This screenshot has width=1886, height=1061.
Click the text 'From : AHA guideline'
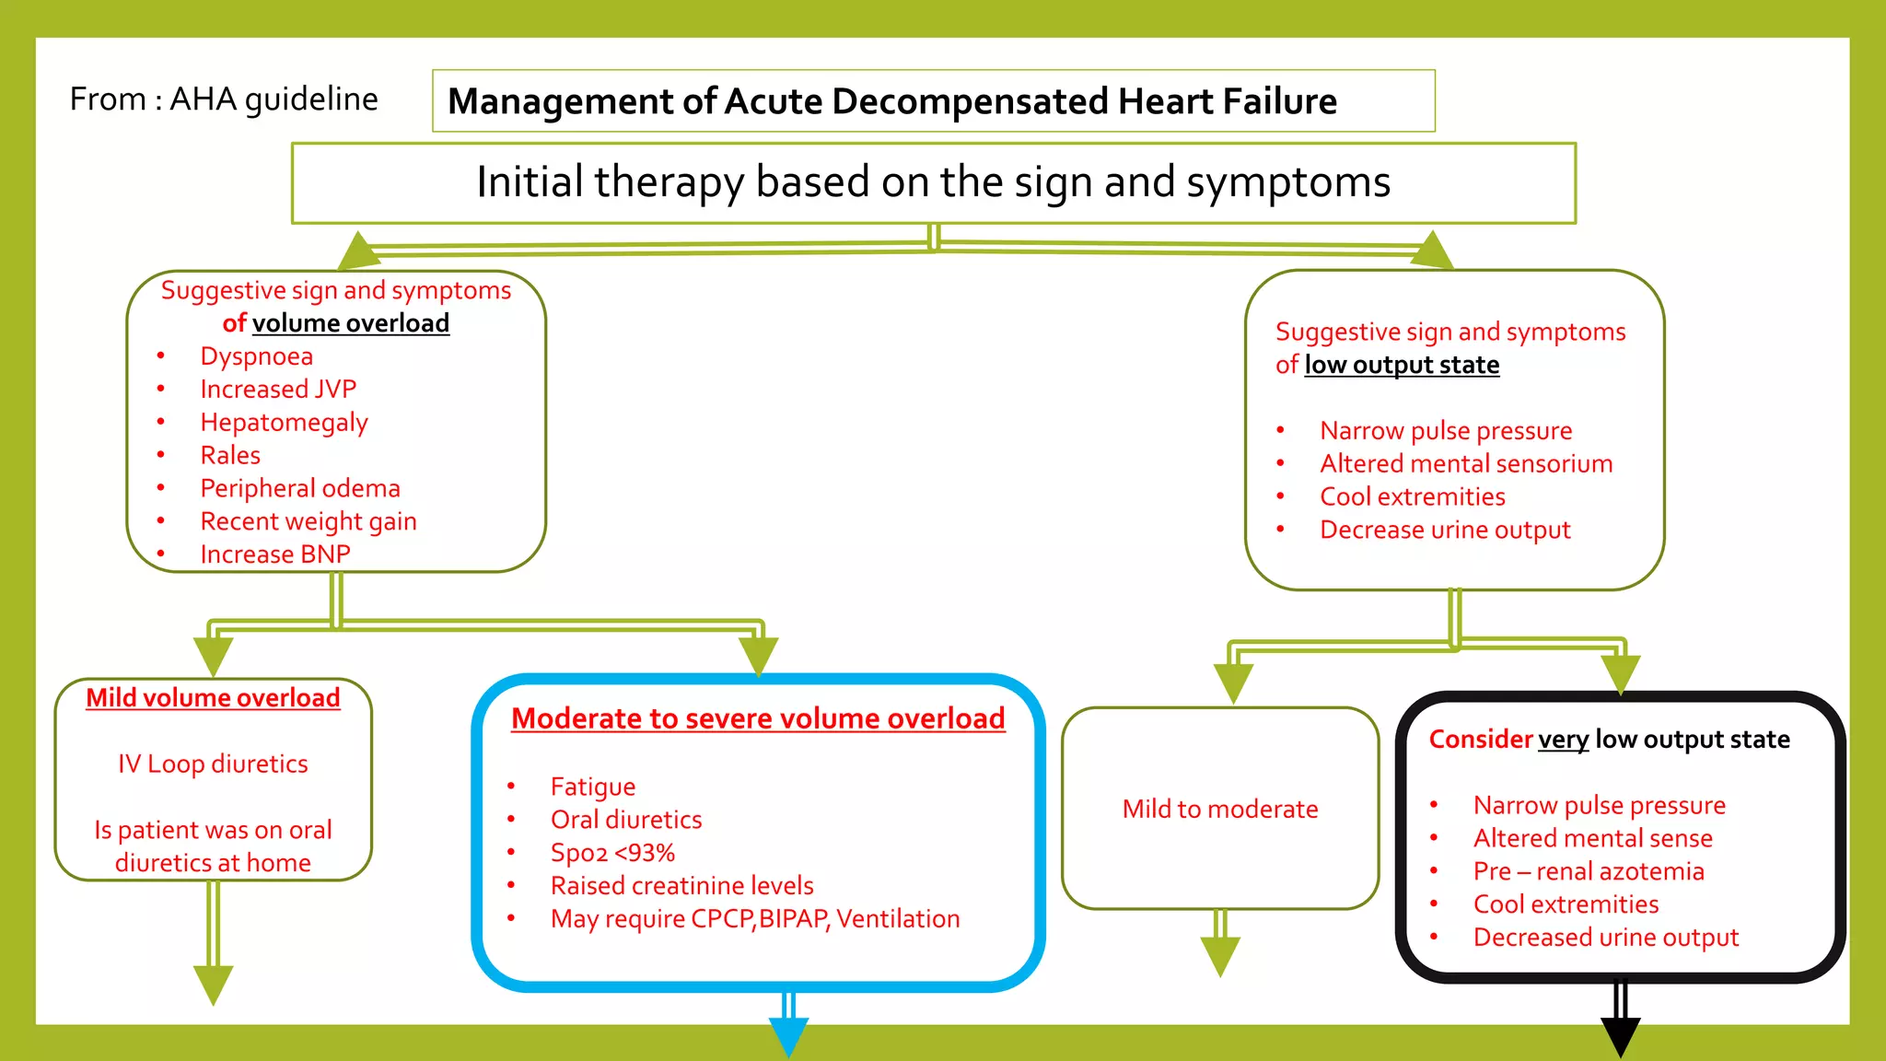click(x=224, y=99)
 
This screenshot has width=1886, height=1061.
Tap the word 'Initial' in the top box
click(x=530, y=181)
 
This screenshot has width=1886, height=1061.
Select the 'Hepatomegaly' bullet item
click(x=284, y=423)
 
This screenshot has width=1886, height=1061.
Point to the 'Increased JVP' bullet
click(x=278, y=390)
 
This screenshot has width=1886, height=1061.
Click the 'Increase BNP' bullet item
click(x=275, y=554)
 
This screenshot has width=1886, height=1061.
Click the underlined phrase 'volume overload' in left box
click(x=351, y=323)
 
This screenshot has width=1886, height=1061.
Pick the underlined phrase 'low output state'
click(x=1402, y=365)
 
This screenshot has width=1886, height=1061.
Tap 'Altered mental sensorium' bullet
click(x=1466, y=464)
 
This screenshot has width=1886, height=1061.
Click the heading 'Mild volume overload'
click(x=213, y=698)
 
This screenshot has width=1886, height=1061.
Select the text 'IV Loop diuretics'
click(x=213, y=764)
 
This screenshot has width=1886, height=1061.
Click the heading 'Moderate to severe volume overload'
click(x=758, y=718)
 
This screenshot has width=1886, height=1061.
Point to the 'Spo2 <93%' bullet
click(x=612, y=853)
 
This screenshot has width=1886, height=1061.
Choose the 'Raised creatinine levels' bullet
click(x=681, y=886)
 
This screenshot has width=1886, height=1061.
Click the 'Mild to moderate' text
click(x=1220, y=810)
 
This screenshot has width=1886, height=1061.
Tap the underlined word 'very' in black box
click(x=1563, y=740)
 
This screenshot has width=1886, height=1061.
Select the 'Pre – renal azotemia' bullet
click(x=1589, y=871)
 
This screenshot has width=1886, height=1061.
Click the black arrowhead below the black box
click(x=1621, y=1035)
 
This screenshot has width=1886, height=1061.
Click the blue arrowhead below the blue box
click(x=789, y=1035)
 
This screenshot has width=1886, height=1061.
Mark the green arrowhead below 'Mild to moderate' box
click(x=1221, y=956)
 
